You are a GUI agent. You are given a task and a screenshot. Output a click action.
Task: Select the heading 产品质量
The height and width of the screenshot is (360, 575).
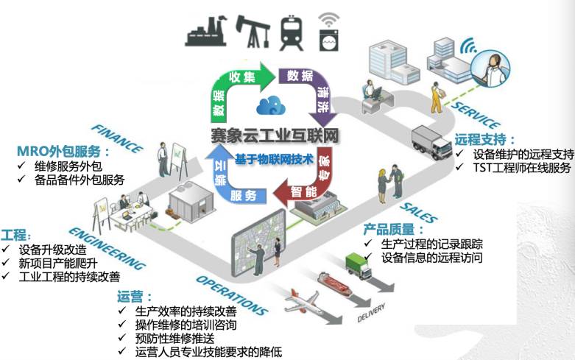394,229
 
